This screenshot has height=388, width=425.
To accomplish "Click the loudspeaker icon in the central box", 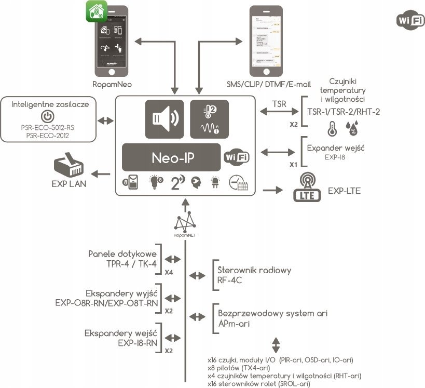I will (164, 118).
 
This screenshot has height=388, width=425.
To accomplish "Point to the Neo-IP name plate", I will (174, 157).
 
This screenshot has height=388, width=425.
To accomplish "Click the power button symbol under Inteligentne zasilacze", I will (47, 116).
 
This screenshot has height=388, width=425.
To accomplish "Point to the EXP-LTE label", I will (344, 192).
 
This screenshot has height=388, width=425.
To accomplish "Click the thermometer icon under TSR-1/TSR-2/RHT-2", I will (331, 128).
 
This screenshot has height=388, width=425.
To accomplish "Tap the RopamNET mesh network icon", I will (185, 224).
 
